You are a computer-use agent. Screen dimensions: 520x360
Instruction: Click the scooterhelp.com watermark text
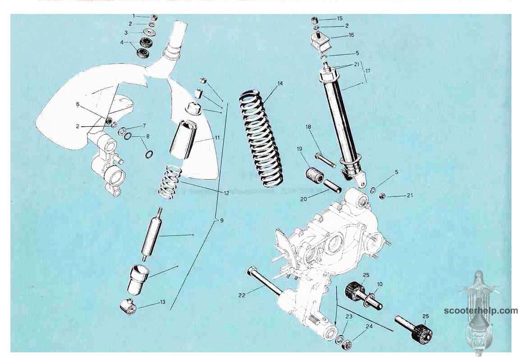pos(480,311)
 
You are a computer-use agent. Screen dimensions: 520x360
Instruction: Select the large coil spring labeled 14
pos(261,139)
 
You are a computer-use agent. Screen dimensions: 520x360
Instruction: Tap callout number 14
pos(280,84)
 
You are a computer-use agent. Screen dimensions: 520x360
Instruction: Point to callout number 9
pos(221,220)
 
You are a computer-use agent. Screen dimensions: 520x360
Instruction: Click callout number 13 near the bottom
pos(163,302)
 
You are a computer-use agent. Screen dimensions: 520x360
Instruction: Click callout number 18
pos(308,127)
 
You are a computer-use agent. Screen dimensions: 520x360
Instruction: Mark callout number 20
pos(304,199)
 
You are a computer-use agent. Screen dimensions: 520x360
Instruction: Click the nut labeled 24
pos(346,344)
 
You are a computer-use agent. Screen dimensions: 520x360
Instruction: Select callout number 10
pos(380,284)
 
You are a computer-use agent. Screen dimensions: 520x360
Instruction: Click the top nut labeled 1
pos(154,17)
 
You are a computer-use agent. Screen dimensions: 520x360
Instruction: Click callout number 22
pos(242,295)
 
